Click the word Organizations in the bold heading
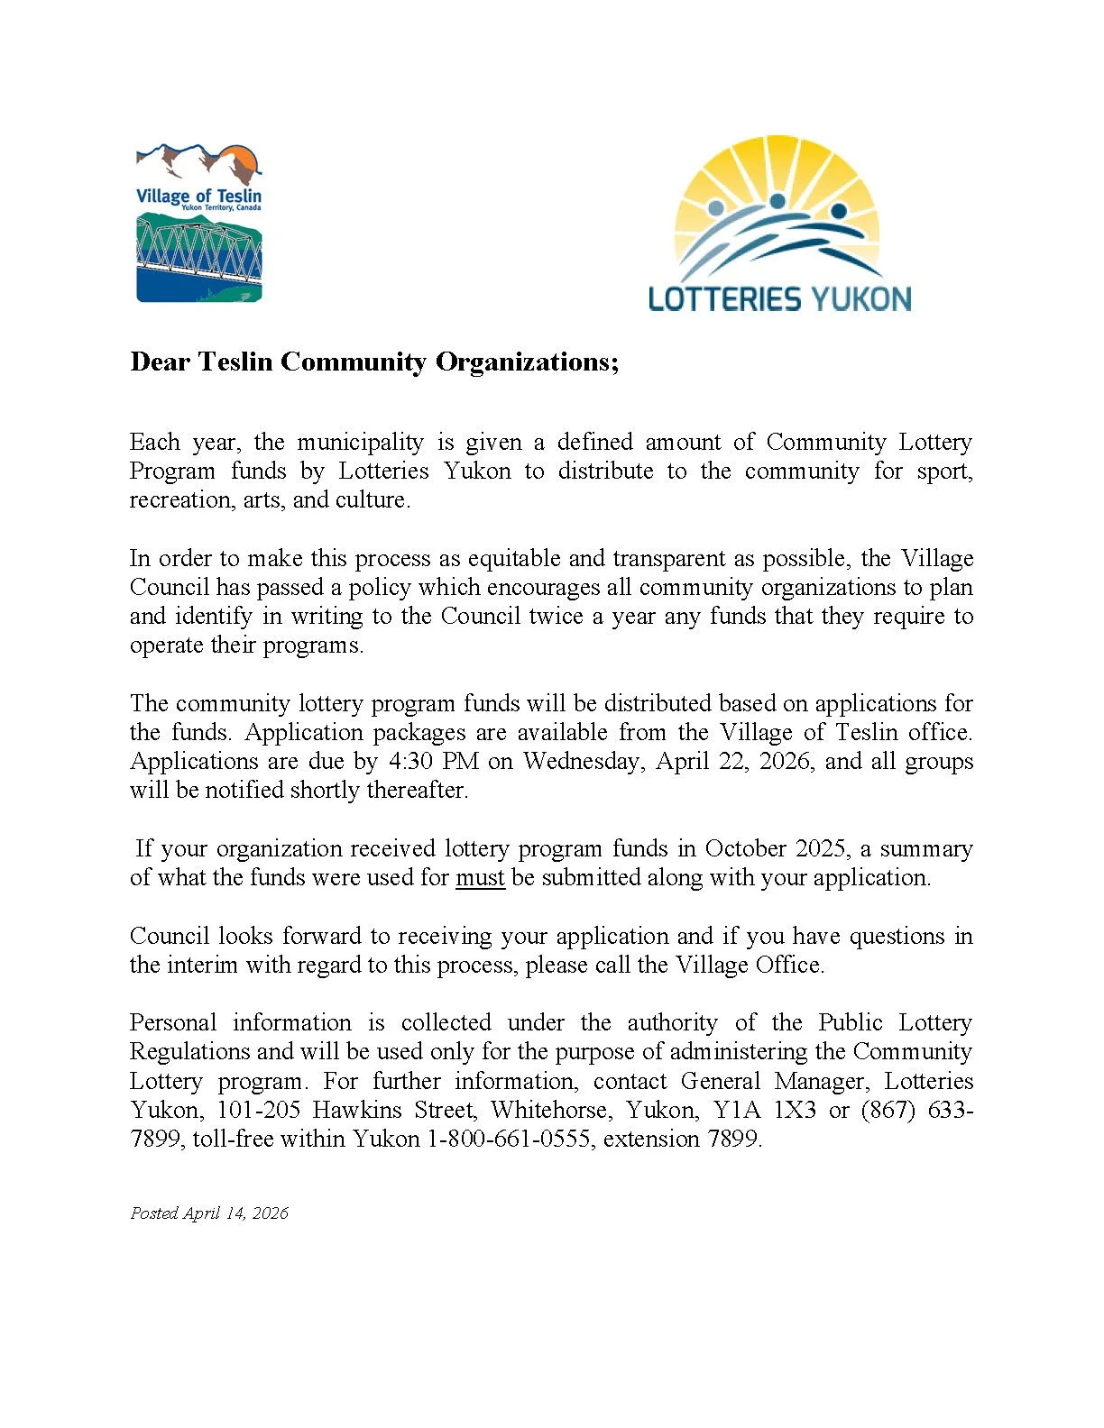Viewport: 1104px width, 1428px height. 527,362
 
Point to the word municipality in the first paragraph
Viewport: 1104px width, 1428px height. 359,443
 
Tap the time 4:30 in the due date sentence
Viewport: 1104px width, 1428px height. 410,762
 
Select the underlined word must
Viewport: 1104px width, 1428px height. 480,878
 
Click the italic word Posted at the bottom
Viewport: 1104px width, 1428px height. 154,1213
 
